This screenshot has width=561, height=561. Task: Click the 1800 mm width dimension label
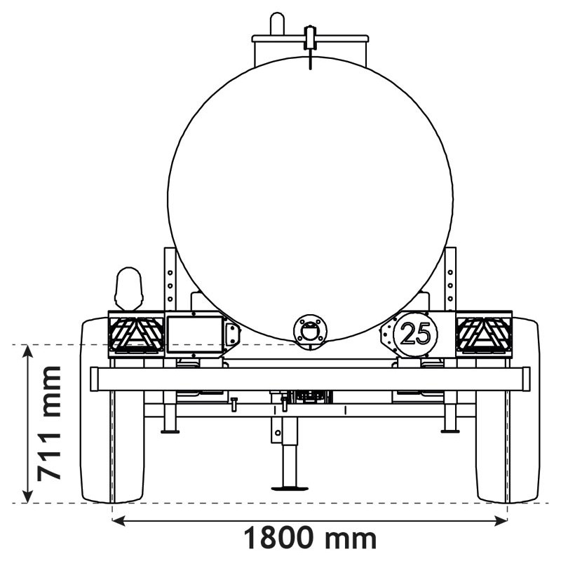coord(309,539)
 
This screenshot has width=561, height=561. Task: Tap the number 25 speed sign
coord(416,334)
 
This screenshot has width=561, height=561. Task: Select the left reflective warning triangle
coord(135,334)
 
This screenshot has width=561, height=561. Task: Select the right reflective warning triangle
coord(484,334)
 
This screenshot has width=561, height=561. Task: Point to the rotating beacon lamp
coord(128,288)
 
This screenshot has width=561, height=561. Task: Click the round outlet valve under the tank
coord(310,330)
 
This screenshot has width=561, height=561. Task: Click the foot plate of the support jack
coord(290,487)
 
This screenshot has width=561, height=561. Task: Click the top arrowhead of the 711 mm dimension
coord(28,351)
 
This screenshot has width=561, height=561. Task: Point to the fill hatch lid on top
coord(310,38)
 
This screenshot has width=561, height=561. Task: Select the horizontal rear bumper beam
coord(310,379)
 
